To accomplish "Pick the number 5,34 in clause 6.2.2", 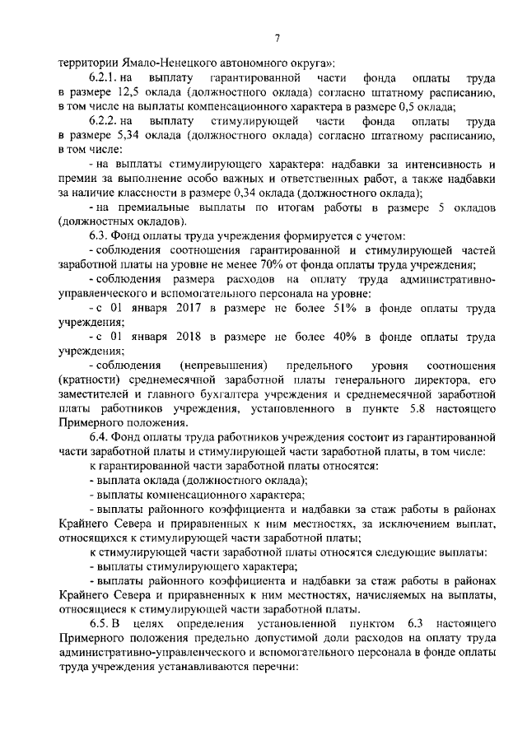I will click(130, 136).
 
